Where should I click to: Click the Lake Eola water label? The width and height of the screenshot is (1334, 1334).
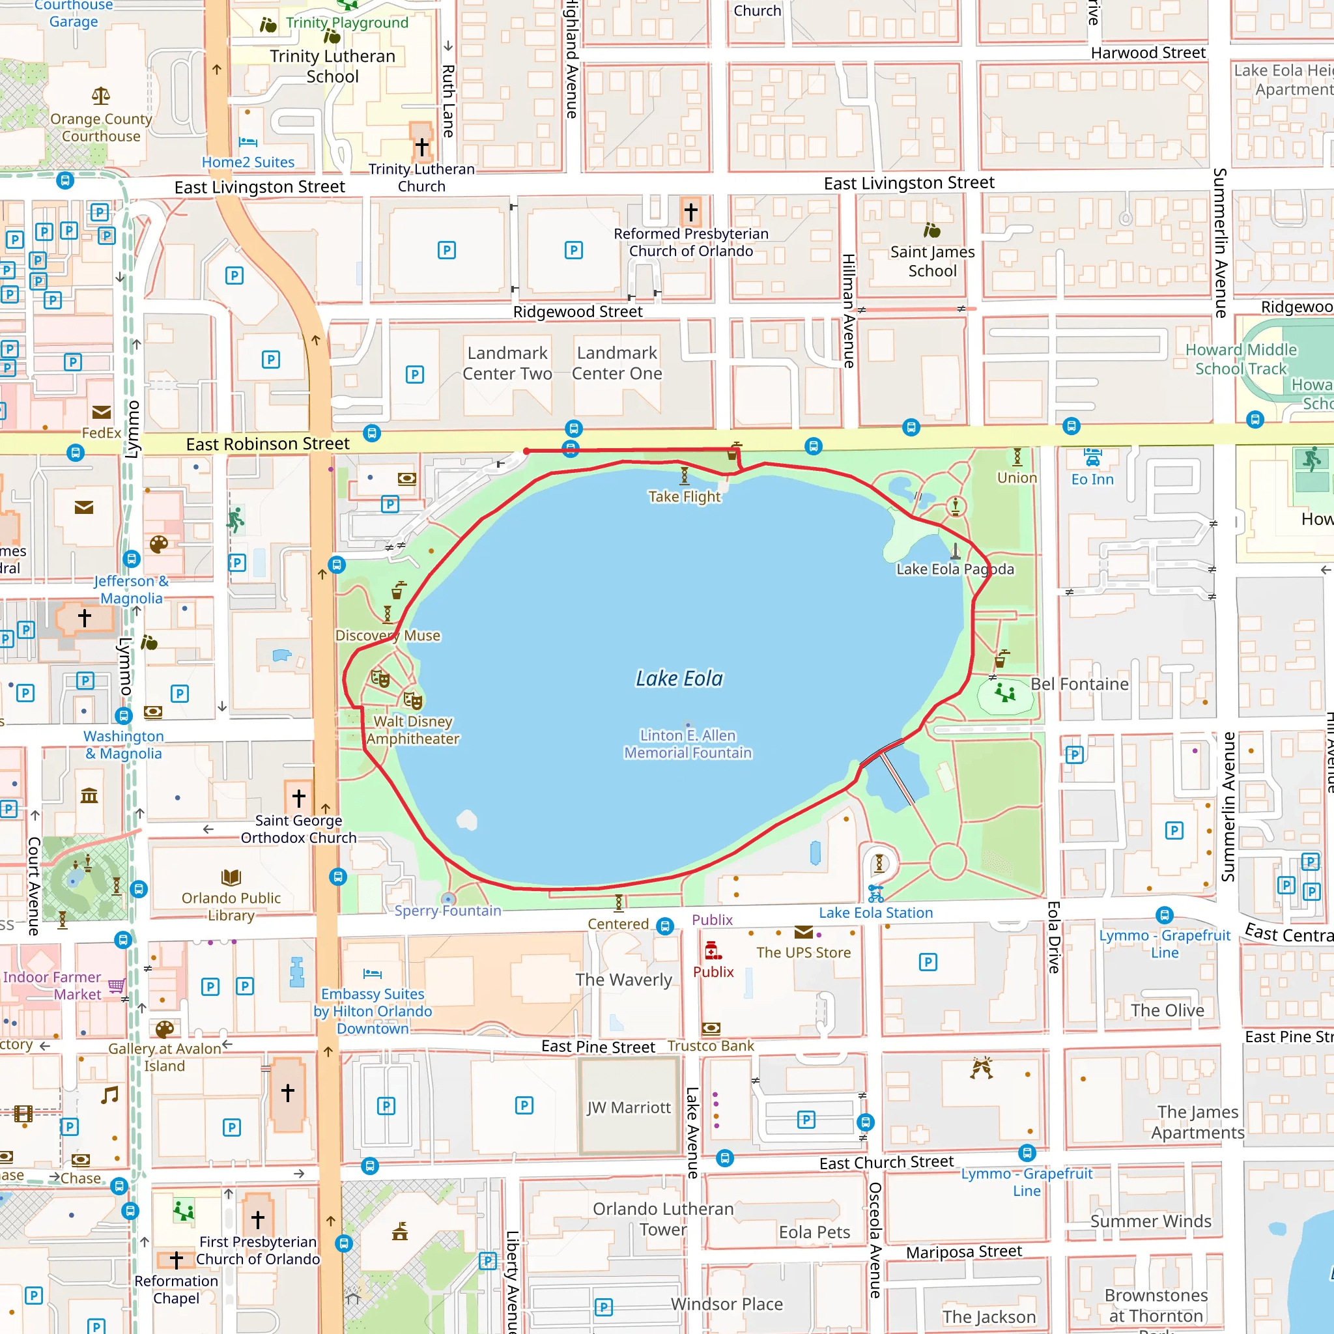(679, 679)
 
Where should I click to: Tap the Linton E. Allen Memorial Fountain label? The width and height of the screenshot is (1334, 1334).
(688, 744)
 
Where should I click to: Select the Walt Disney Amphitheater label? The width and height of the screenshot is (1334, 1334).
(413, 730)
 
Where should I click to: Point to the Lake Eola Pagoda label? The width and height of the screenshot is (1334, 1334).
(955, 569)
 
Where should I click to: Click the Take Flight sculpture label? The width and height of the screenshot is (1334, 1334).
(683, 496)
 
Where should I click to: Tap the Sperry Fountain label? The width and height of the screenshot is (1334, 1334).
(447, 911)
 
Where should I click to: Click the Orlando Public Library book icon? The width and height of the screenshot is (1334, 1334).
(231, 877)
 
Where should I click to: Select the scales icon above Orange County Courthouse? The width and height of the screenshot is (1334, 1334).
(101, 96)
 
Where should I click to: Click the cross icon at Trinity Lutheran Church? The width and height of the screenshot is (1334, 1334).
(422, 147)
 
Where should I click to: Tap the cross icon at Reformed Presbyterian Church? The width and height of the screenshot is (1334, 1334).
(690, 211)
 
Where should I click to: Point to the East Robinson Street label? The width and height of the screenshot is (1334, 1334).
(267, 444)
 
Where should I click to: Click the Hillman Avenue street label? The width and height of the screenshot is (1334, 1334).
(849, 311)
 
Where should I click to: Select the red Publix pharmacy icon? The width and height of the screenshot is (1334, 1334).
(713, 952)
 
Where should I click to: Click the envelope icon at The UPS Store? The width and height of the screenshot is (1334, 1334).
(803, 933)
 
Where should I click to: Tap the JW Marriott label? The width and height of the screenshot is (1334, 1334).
(629, 1107)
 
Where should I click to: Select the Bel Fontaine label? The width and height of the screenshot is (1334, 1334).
(1079, 685)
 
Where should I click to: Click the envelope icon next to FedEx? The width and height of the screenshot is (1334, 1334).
(102, 413)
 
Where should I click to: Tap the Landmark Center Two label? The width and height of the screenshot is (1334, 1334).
(507, 363)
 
